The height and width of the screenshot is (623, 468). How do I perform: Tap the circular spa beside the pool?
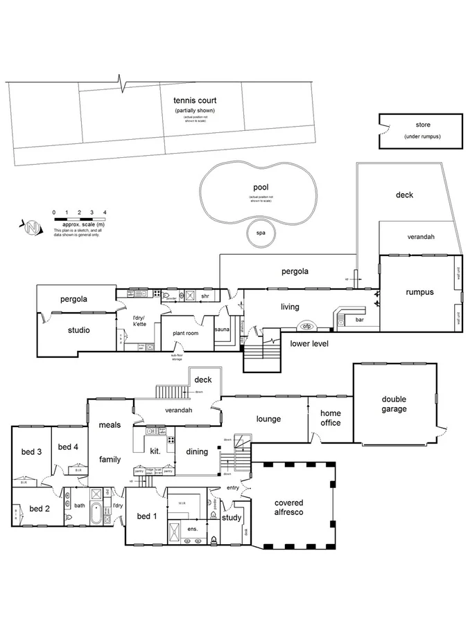(261, 233)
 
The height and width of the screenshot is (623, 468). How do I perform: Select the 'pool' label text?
(261, 187)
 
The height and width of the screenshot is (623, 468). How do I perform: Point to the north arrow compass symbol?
(31, 226)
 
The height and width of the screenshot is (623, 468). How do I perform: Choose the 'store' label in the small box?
(422, 125)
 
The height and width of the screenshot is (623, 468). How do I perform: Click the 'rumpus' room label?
(419, 292)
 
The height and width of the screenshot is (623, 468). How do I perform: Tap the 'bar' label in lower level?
(359, 320)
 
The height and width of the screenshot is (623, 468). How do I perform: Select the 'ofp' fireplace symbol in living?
(306, 326)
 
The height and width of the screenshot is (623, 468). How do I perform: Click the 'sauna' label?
(222, 330)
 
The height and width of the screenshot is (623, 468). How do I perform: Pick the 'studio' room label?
(78, 330)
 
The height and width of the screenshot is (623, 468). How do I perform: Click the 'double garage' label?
(393, 404)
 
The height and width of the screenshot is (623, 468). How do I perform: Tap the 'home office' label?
(330, 418)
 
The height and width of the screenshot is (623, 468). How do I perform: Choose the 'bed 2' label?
(40, 509)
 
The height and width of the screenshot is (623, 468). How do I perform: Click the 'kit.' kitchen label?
(155, 451)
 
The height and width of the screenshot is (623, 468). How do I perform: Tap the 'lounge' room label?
(268, 419)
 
